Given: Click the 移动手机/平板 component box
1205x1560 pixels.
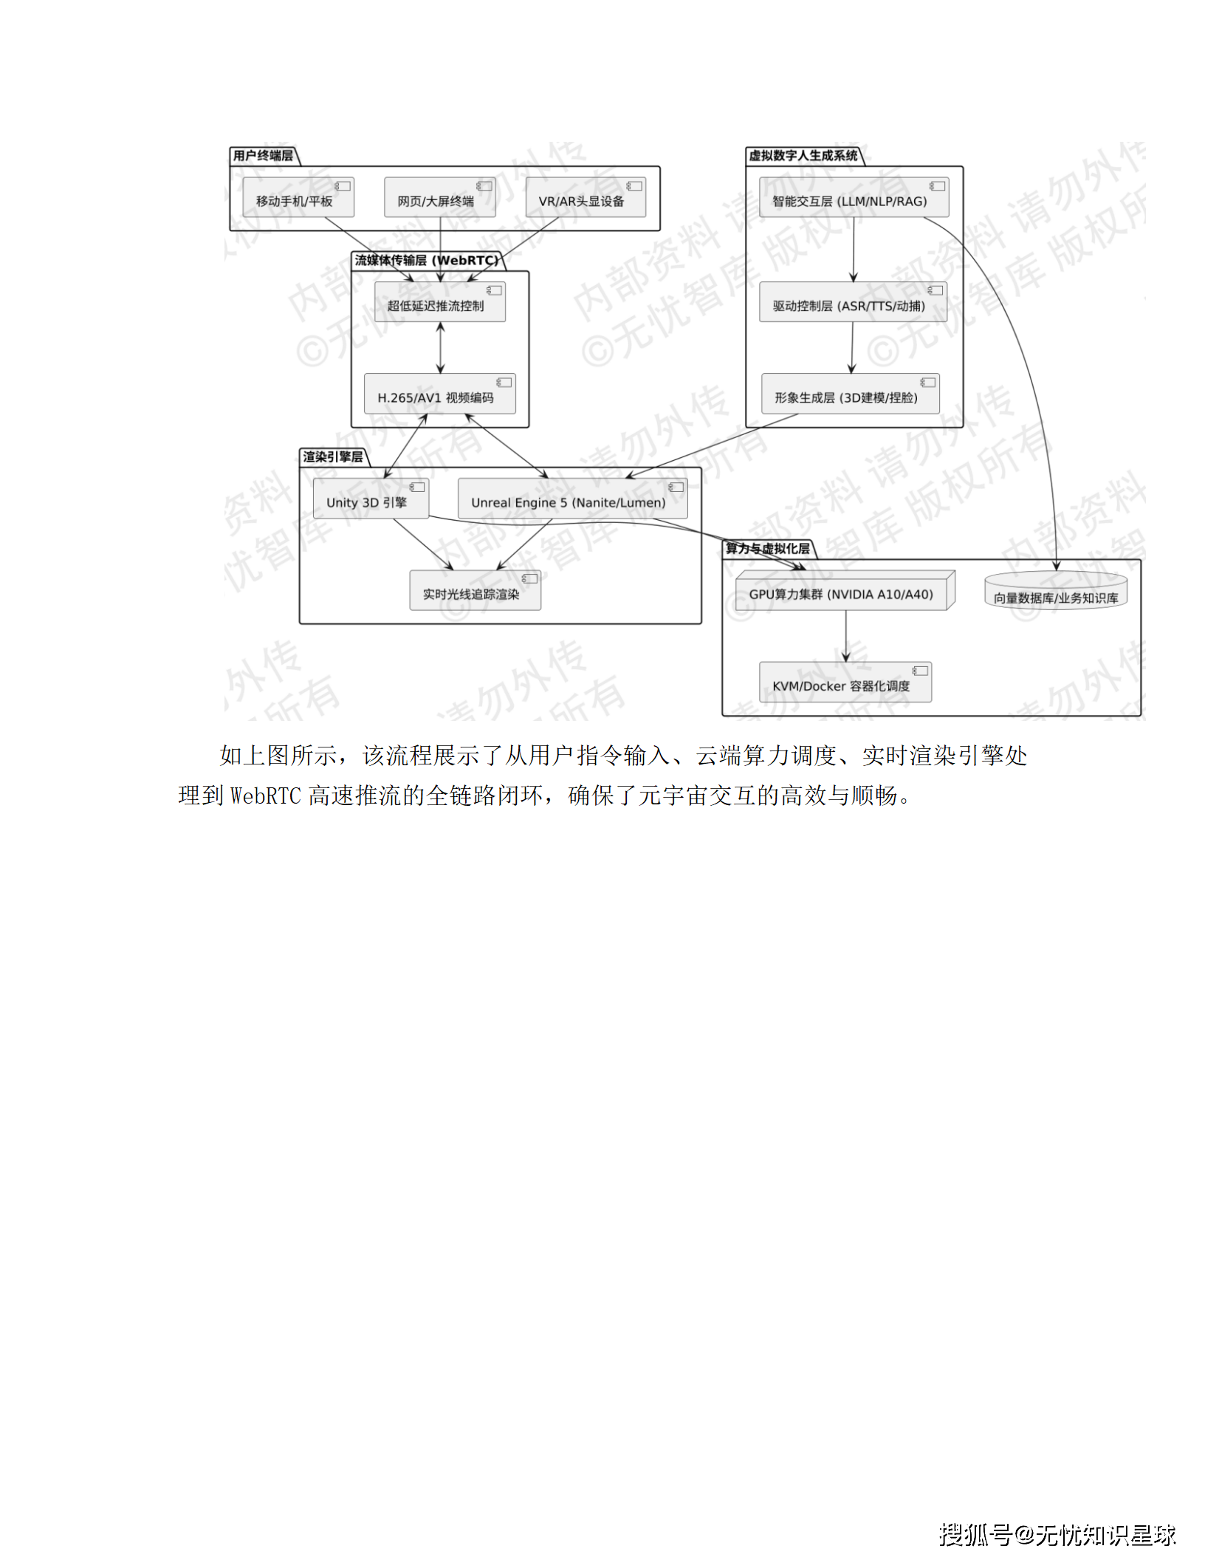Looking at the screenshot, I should pyautogui.click(x=298, y=197).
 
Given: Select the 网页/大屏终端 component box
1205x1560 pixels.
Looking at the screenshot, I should pyautogui.click(x=439, y=197).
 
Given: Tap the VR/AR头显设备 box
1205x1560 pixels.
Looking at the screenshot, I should pyautogui.click(x=585, y=197).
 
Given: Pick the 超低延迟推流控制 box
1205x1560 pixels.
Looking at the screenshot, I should pyautogui.click(x=439, y=302).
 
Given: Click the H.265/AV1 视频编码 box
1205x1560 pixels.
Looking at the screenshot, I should pyautogui.click(x=439, y=394).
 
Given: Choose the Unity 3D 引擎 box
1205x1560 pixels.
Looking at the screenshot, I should pyautogui.click(x=370, y=499).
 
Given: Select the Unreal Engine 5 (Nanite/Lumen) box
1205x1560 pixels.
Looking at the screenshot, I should pyautogui.click(x=572, y=499).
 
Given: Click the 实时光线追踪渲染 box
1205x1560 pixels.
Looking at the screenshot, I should pyautogui.click(x=475, y=590).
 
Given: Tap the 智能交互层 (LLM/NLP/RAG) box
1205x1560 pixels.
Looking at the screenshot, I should pyautogui.click(x=854, y=197).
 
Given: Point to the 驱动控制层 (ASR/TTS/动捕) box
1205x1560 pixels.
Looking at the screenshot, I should pyautogui.click(x=853, y=302).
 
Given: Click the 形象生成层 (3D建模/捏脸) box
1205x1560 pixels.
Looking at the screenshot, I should pyautogui.click(x=850, y=394).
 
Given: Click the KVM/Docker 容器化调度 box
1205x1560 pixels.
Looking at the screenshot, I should pyautogui.click(x=845, y=682).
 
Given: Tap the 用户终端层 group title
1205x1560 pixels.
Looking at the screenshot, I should pyautogui.click(x=263, y=155).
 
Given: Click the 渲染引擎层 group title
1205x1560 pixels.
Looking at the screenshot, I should pyautogui.click(x=332, y=456).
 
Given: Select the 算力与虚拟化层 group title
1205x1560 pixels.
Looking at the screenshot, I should pyautogui.click(x=767, y=548).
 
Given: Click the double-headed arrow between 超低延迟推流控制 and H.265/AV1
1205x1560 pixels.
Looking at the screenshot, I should pyautogui.click(x=441, y=348).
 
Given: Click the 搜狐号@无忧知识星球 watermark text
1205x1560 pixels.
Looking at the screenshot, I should pyautogui.click(x=1057, y=1534).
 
